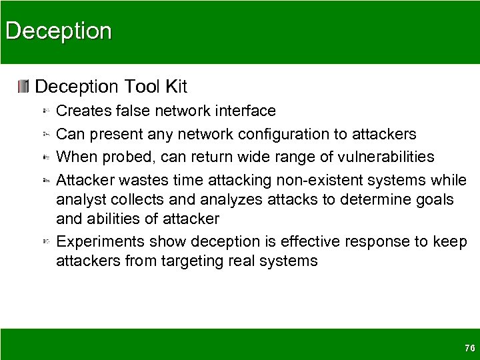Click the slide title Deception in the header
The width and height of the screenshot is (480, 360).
(58, 31)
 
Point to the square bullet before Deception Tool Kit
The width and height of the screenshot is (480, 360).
(24, 86)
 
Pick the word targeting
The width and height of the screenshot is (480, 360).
(194, 261)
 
